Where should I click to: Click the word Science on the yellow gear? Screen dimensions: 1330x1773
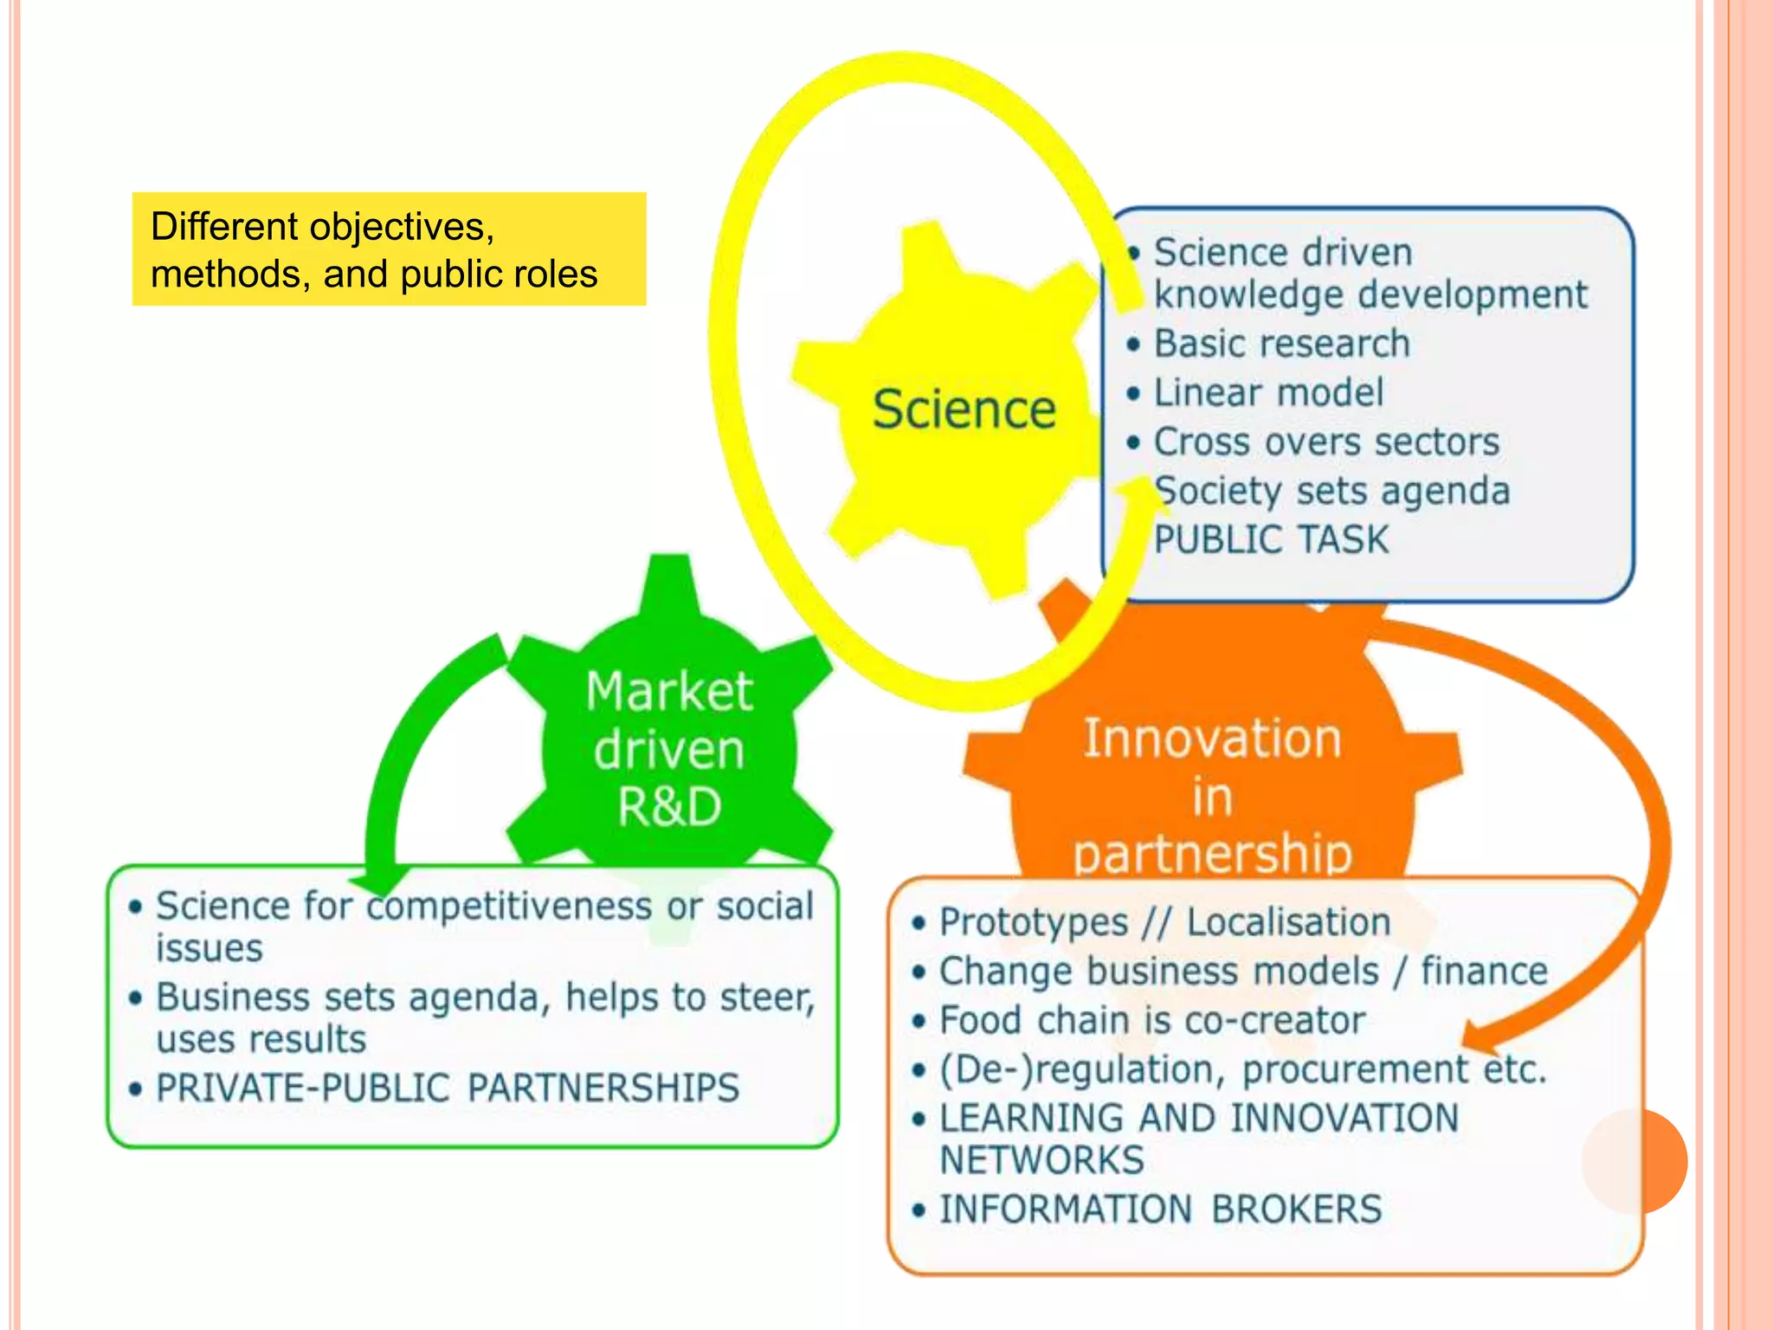(964, 410)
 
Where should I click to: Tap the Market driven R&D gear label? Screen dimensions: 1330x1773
(669, 749)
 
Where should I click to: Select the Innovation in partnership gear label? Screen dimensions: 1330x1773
(1212, 795)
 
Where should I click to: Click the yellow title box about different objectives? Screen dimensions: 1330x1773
(389, 249)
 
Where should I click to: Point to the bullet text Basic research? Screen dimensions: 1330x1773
(1281, 344)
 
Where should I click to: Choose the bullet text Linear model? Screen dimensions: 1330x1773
(1268, 393)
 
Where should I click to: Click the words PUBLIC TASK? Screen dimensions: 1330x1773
(1271, 540)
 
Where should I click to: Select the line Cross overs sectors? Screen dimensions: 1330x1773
(1325, 442)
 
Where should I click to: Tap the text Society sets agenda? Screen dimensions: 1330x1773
(1332, 491)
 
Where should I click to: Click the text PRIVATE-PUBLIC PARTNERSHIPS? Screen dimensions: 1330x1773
(448, 1088)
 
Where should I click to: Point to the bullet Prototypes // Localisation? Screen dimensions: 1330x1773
(1164, 922)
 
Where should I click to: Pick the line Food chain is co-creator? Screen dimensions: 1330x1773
(1152, 1021)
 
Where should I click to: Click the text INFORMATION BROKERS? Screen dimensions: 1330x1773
(1161, 1210)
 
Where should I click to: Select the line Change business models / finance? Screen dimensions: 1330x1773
(1243, 972)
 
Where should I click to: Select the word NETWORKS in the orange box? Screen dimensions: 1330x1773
(1042, 1160)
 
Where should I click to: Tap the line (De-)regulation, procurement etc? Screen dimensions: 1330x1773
(1242, 1070)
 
